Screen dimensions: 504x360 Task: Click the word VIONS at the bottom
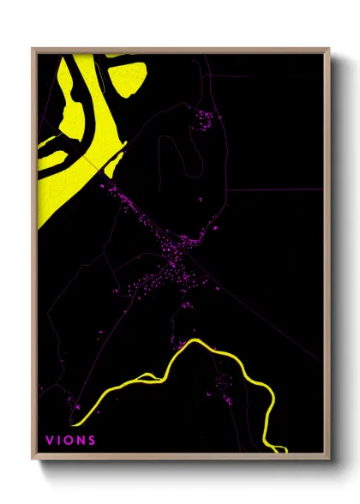[x=71, y=441]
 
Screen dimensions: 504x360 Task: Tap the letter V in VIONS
[x=50, y=441]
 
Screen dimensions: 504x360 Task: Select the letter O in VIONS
[x=70, y=441]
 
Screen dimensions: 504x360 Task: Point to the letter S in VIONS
[x=92, y=441]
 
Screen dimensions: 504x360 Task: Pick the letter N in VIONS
[x=81, y=441]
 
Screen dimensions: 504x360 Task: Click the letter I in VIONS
[x=60, y=441]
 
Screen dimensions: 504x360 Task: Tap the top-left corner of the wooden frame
[x=33, y=50]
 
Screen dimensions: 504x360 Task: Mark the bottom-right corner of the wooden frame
[x=330, y=456]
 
